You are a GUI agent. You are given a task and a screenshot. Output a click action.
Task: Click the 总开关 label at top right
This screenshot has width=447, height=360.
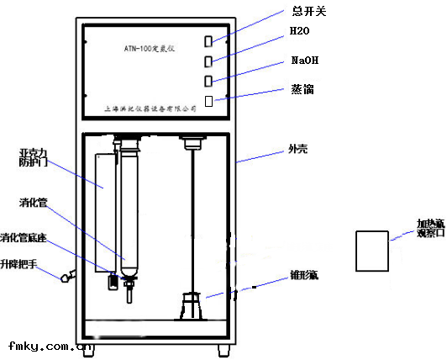(x=308, y=11)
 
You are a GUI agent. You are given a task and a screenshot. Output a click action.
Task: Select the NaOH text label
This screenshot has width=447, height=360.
(x=303, y=61)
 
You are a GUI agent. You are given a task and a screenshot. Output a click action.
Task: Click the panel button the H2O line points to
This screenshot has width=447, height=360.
(x=208, y=61)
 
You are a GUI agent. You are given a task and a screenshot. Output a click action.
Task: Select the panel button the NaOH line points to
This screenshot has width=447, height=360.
(x=208, y=81)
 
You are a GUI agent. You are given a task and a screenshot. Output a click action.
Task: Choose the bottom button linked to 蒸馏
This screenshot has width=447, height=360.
(x=208, y=102)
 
